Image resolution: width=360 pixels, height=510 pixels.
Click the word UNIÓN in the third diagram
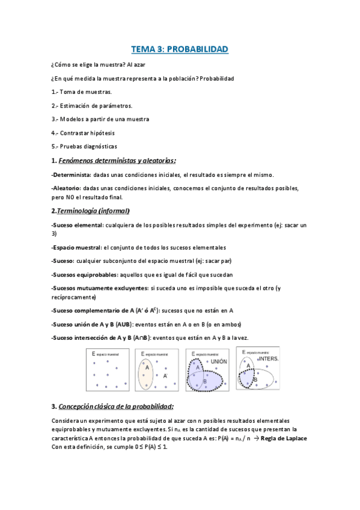[218, 361]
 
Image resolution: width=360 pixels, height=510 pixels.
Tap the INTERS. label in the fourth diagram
[269, 358]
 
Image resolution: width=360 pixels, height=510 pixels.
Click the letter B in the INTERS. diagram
[255, 380]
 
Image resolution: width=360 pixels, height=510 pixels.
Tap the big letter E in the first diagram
[94, 354]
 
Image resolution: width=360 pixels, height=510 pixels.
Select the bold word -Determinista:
[72, 174]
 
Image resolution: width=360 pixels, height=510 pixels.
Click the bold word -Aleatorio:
[67, 188]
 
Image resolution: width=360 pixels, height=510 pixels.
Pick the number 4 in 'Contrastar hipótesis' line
[53, 133]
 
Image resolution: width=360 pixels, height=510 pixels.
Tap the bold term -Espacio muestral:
[76, 247]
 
